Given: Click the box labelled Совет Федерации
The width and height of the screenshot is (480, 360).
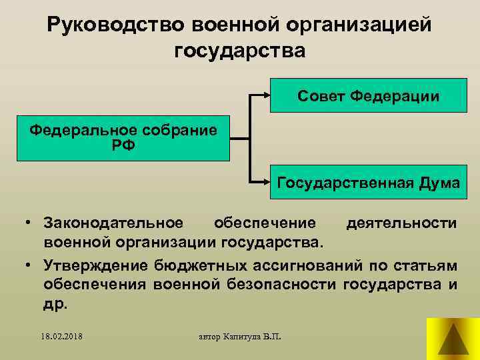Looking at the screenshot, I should pyautogui.click(x=368, y=96).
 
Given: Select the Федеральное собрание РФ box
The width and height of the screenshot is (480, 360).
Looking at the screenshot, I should pyautogui.click(x=123, y=139).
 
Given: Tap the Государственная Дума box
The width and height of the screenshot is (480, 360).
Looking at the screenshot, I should pyautogui.click(x=368, y=183).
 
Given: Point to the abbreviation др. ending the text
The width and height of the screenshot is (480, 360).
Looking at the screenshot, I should pyautogui.click(x=56, y=304).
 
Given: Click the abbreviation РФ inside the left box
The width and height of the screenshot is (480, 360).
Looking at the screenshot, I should pyautogui.click(x=123, y=145).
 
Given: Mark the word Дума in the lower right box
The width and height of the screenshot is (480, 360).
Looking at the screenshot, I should pyautogui.click(x=440, y=183).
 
